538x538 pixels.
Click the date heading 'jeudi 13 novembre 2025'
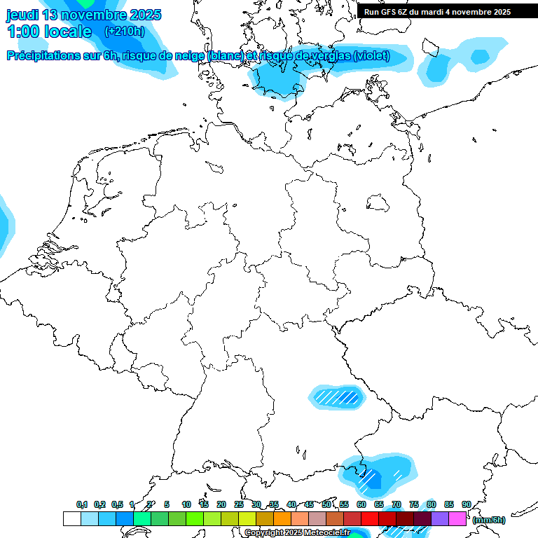(x=84, y=15)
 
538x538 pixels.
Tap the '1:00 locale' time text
(x=49, y=32)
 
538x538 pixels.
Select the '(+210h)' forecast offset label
(x=124, y=32)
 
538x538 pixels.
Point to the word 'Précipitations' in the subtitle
(x=46, y=56)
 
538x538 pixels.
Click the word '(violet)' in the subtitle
(x=371, y=56)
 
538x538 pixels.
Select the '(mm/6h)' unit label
(x=489, y=520)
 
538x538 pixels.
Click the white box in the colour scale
(x=71, y=519)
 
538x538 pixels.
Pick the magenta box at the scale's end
(x=457, y=519)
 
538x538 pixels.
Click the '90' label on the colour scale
(x=467, y=504)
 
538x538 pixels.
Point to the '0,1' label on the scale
(x=82, y=504)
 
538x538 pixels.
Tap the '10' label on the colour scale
(x=186, y=504)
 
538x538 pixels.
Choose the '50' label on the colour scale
(x=326, y=504)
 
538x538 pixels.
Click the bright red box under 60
(x=370, y=519)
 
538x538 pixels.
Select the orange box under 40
(x=282, y=519)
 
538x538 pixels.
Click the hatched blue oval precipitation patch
(x=337, y=397)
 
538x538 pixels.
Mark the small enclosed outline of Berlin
(x=379, y=202)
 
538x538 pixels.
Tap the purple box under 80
(x=440, y=519)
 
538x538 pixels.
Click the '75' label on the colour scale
(x=414, y=504)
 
